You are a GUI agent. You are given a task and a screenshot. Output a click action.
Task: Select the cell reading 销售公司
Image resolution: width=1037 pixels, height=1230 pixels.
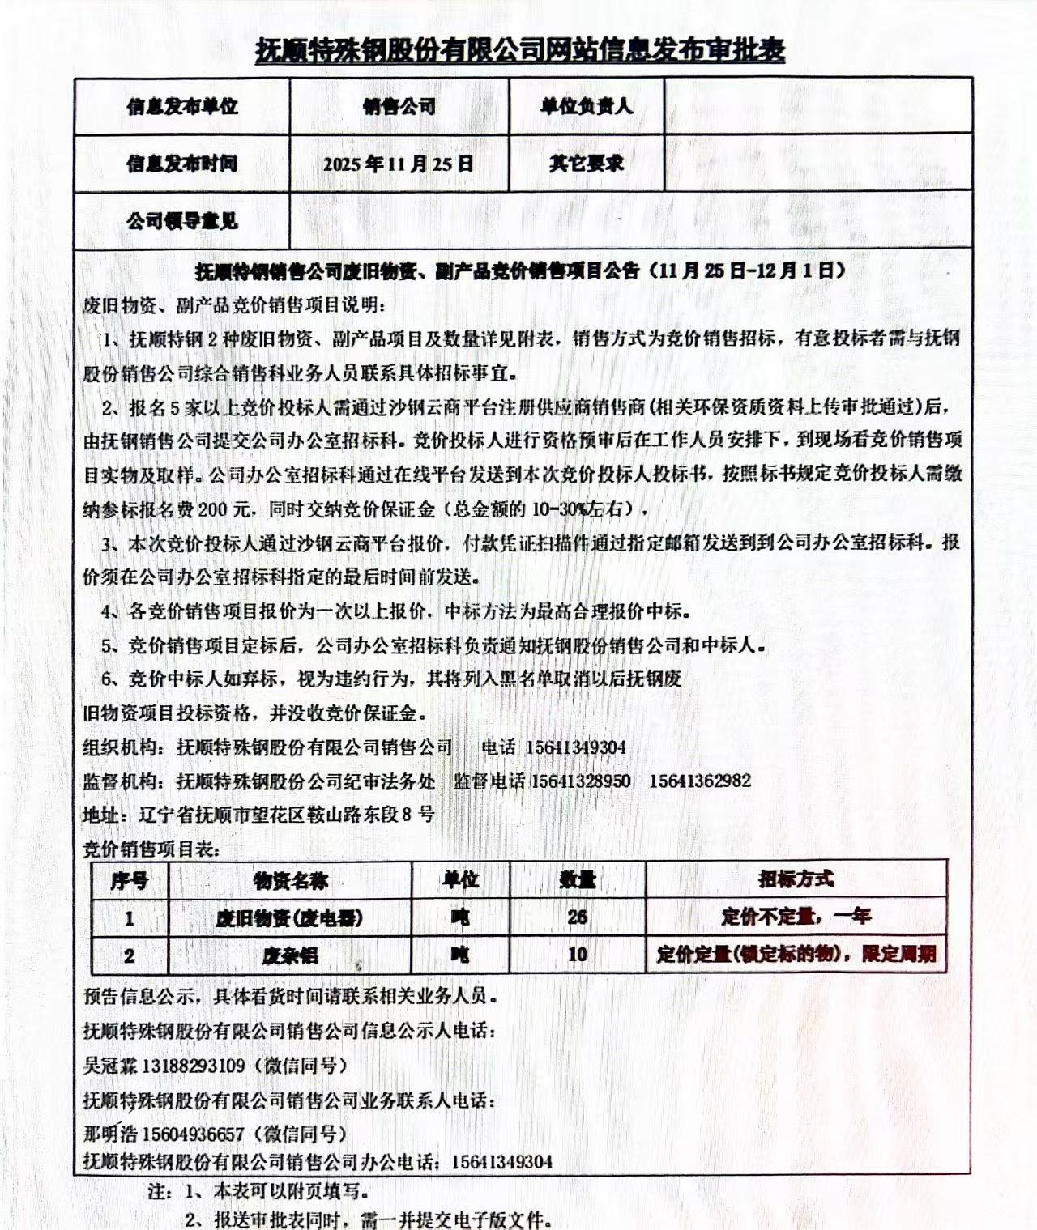[399, 106]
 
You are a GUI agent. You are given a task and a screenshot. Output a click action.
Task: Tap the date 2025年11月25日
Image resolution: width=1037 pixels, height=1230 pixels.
[399, 164]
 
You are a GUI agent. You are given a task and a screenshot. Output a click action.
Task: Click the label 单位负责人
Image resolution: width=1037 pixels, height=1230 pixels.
[587, 106]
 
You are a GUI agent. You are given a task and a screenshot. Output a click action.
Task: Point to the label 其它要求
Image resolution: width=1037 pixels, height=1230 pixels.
[587, 163]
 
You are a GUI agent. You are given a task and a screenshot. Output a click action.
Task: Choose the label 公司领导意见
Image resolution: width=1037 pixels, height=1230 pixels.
[181, 221]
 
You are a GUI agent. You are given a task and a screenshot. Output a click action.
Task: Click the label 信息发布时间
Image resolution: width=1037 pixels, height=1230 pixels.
[181, 164]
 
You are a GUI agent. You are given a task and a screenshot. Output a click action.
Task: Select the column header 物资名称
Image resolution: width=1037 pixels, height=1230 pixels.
[290, 880]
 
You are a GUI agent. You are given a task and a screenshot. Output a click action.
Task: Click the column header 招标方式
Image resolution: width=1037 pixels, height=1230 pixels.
[796, 879]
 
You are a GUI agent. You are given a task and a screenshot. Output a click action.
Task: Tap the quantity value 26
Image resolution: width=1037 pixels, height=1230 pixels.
[577, 917]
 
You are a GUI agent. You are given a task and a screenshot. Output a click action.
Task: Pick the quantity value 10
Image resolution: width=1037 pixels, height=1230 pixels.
[577, 954]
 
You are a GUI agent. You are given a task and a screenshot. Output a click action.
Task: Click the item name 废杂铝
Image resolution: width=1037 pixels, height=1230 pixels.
[290, 955]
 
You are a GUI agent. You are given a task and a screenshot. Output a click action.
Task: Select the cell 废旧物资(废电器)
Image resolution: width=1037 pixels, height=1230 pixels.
[289, 917]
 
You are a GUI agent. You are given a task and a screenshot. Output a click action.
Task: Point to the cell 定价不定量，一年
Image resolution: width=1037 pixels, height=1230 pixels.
[796, 917]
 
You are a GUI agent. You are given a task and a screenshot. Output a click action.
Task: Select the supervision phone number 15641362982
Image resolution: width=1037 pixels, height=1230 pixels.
[700, 781]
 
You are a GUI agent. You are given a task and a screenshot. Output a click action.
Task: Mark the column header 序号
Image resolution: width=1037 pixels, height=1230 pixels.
[130, 880]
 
